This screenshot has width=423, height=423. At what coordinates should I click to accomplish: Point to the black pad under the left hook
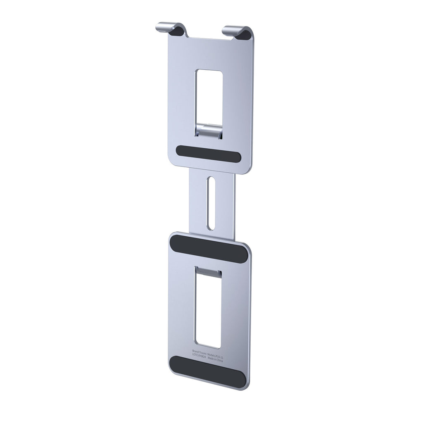click(178, 31)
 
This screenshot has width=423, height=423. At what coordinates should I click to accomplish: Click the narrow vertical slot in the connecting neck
click(211, 203)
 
